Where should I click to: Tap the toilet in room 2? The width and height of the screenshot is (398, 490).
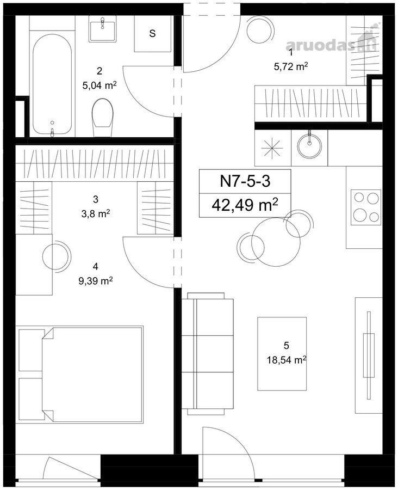102,118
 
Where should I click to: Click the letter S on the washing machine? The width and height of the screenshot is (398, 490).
152,33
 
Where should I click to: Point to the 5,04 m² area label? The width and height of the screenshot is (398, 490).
100,85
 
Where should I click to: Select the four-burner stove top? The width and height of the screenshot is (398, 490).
366,207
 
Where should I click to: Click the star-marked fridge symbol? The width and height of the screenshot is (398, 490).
272,147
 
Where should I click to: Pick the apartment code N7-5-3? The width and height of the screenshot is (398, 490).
245,181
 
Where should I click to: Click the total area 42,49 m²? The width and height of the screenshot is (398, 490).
245,205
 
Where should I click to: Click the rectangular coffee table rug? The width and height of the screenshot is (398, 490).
282,353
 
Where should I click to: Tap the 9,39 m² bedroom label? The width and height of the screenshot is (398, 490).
96,281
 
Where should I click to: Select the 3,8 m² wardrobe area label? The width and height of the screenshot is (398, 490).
96,214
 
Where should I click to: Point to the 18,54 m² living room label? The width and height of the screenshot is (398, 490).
286,360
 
